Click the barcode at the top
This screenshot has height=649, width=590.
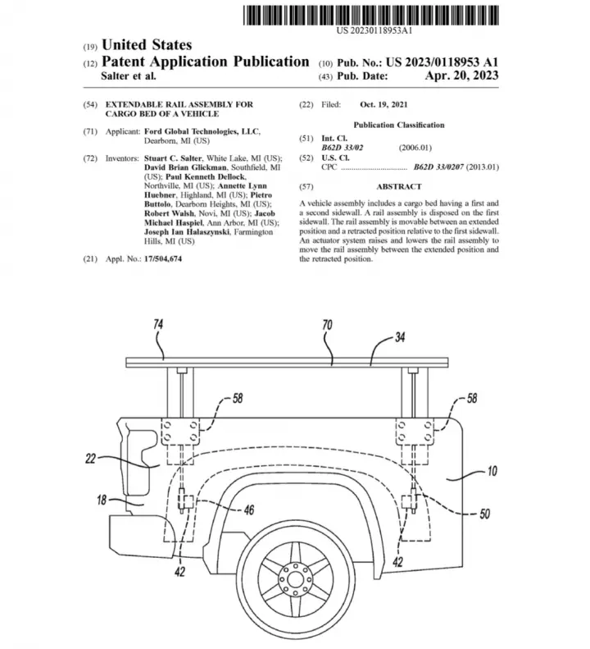click(x=371, y=16)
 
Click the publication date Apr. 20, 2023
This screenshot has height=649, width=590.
click(x=461, y=75)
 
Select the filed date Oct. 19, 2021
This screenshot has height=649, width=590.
click(x=383, y=105)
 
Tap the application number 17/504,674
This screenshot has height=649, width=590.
click(x=163, y=259)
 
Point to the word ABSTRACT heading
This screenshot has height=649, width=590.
click(x=398, y=187)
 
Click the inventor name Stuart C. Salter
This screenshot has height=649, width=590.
click(x=173, y=158)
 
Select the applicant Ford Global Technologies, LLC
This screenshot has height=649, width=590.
click(x=202, y=131)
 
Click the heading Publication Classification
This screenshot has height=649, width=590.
click(x=398, y=125)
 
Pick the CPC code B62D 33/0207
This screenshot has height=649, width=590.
click(x=438, y=167)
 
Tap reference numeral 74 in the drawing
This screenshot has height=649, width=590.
click(x=158, y=324)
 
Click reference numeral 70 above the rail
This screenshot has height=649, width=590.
click(x=327, y=325)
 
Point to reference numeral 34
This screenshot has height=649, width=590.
click(x=400, y=337)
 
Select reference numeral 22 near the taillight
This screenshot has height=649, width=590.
click(x=90, y=459)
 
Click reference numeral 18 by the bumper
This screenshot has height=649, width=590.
click(x=102, y=500)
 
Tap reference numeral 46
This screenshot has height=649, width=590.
click(x=249, y=510)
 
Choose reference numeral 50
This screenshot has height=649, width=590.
click(x=485, y=514)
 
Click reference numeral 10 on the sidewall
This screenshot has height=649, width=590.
click(x=492, y=471)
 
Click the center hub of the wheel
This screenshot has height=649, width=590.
click(x=295, y=579)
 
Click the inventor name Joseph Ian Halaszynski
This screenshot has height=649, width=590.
click(x=187, y=231)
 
